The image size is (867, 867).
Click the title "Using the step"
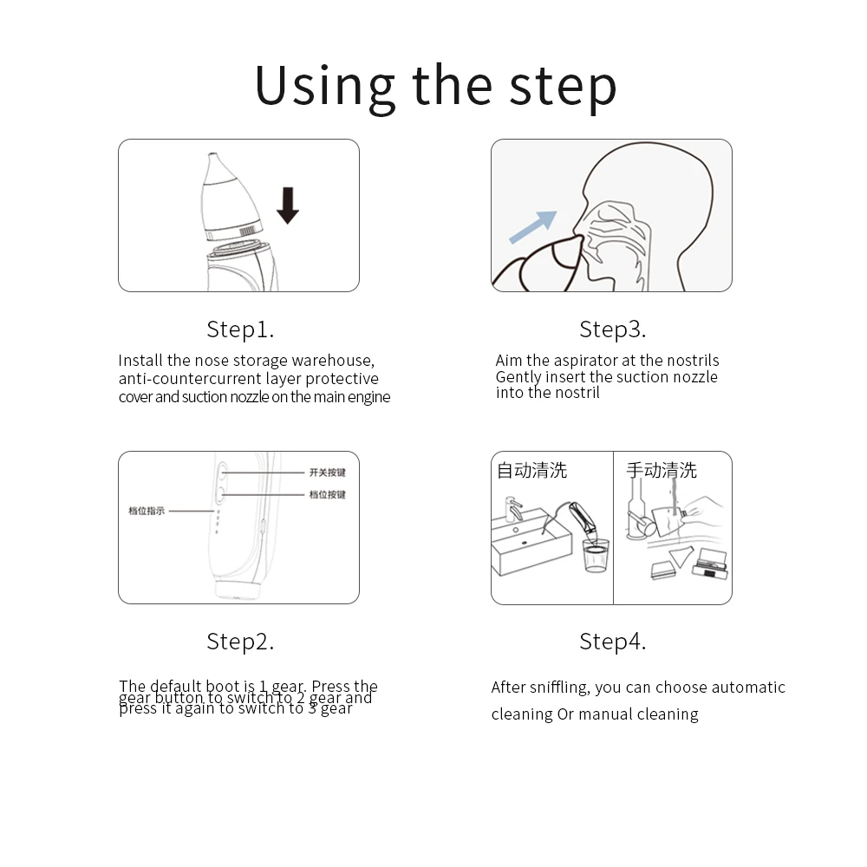(x=435, y=85)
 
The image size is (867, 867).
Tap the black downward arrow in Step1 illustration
(x=288, y=205)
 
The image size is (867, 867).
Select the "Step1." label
(x=240, y=329)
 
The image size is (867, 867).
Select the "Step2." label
(x=240, y=642)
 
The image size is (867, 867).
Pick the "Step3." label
(x=613, y=329)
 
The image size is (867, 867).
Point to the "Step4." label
(x=613, y=642)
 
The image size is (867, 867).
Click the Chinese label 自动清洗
(x=531, y=471)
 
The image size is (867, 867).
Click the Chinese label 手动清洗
(x=662, y=471)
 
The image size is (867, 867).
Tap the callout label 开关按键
(x=328, y=473)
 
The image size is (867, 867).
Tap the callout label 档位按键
(x=328, y=494)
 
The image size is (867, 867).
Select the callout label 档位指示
(x=147, y=511)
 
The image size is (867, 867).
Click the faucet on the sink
(x=513, y=506)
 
